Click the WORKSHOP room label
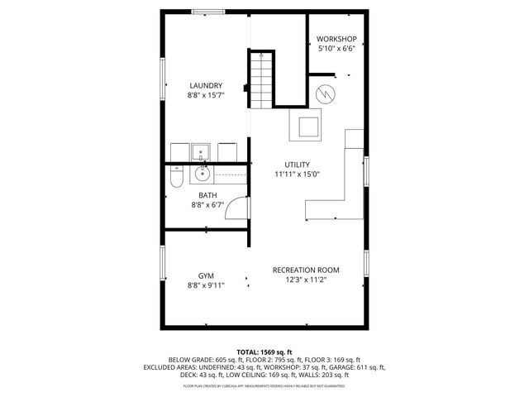tap(337, 40)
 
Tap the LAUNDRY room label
tap(206, 85)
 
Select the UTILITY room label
tap(297, 164)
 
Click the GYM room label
tap(206, 275)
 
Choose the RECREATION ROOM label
tap(306, 270)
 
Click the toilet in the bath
tap(175, 178)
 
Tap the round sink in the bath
tap(203, 175)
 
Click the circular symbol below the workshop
tap(326, 93)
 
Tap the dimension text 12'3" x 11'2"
tap(306, 280)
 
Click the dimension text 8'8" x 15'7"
tap(206, 96)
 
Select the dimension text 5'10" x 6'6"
tap(337, 50)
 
